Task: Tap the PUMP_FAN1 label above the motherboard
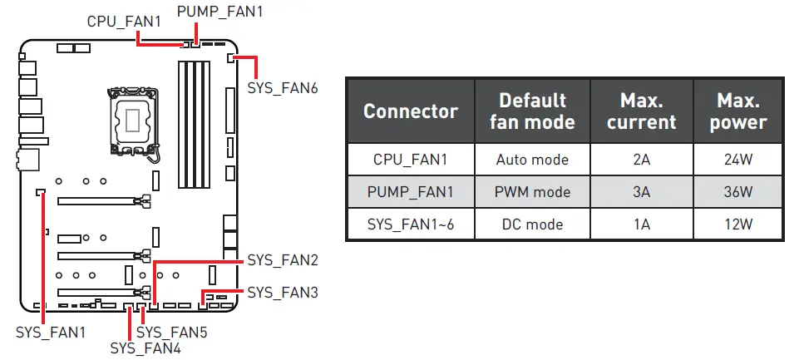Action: (x=220, y=12)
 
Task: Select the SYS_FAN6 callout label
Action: (x=283, y=88)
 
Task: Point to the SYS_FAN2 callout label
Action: (x=283, y=260)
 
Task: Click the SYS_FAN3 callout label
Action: (x=283, y=293)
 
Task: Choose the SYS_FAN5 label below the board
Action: (x=171, y=333)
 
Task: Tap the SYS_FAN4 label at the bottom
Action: (x=146, y=348)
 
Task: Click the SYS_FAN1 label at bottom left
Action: (x=51, y=333)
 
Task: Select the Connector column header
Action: (x=410, y=111)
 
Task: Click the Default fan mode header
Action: (x=532, y=111)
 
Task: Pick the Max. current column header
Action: (x=641, y=111)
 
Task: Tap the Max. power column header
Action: (x=737, y=111)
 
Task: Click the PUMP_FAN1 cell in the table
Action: (x=410, y=192)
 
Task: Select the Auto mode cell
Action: (x=532, y=160)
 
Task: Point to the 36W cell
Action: (x=737, y=192)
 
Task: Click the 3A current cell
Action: (x=641, y=192)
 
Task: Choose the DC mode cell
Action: (x=532, y=224)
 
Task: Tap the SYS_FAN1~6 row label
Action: (x=410, y=224)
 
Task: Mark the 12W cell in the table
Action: (x=737, y=224)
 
